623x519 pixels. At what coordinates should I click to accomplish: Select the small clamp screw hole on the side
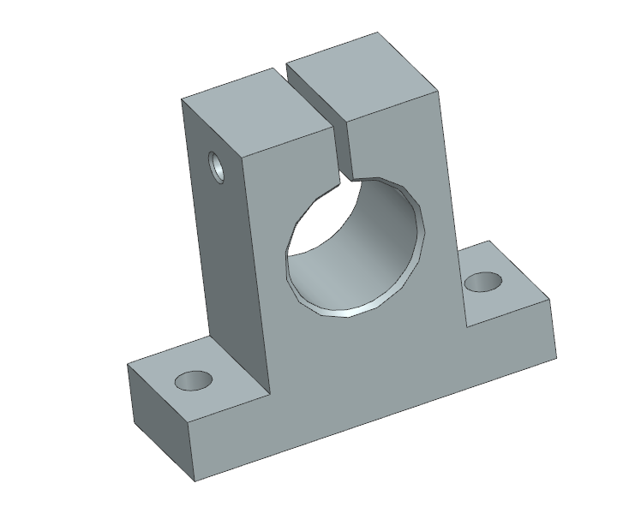(218, 166)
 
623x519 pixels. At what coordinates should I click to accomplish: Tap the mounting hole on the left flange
(193, 380)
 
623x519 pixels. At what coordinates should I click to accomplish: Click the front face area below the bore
(368, 377)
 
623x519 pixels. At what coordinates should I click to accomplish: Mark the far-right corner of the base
(557, 358)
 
